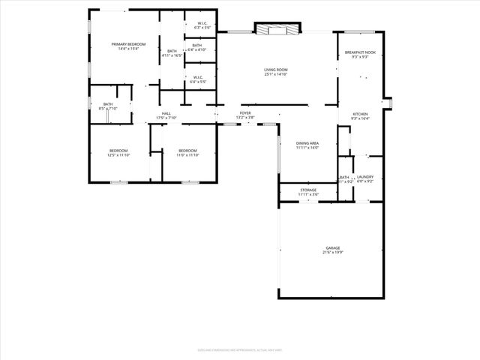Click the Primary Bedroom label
click(x=128, y=45)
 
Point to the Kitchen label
click(x=360, y=114)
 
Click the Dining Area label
click(x=307, y=143)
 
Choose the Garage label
click(x=332, y=247)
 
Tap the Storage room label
click(x=308, y=190)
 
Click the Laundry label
click(x=365, y=177)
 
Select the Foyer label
click(x=245, y=112)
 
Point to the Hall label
click(x=166, y=113)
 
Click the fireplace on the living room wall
click(x=277, y=29)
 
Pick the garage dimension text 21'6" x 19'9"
click(x=332, y=253)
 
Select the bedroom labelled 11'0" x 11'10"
click(x=187, y=153)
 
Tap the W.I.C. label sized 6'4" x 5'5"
click(x=197, y=79)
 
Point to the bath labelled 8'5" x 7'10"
click(x=108, y=106)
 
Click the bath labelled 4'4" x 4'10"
click(x=196, y=47)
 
